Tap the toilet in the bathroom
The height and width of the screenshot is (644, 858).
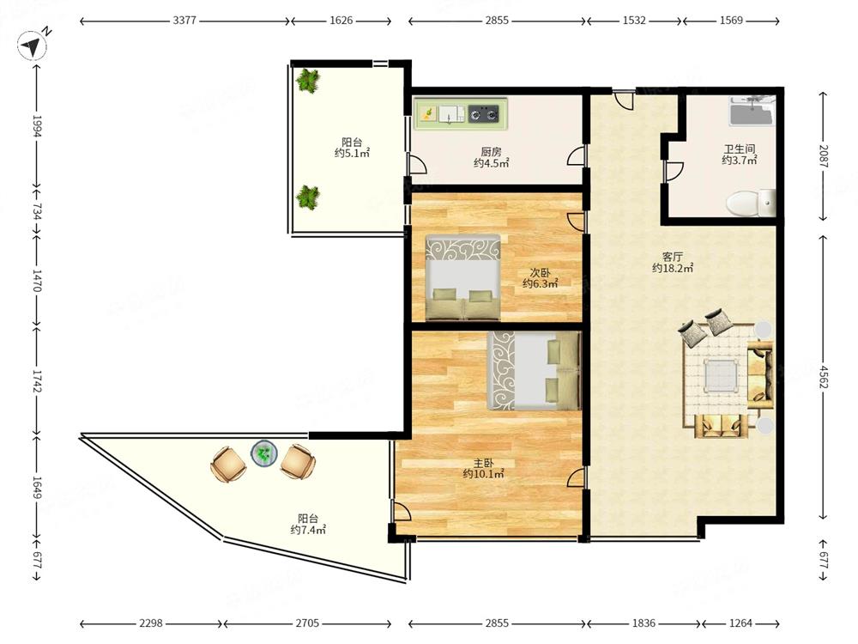point(750,204)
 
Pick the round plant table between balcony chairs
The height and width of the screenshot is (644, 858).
point(264,453)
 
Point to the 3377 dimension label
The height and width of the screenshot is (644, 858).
point(184,21)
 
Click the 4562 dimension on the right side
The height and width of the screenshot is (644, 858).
point(824,376)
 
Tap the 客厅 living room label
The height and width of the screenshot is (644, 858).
point(673,256)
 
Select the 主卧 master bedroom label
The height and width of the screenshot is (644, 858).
point(483,464)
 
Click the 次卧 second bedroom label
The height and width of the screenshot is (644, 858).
point(540,273)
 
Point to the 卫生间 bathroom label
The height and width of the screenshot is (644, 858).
point(740,149)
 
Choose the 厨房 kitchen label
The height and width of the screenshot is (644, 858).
point(491,152)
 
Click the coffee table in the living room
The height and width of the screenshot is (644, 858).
point(720,376)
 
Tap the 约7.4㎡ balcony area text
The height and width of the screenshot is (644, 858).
point(309,530)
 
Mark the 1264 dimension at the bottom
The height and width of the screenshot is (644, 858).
point(741,623)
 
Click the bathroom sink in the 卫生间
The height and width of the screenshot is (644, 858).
point(752,112)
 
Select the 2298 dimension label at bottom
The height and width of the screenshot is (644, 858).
point(150,623)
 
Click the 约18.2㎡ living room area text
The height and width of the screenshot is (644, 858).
point(673,268)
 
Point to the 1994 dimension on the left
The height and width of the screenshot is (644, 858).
point(37,126)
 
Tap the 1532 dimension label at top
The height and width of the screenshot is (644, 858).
point(634,21)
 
